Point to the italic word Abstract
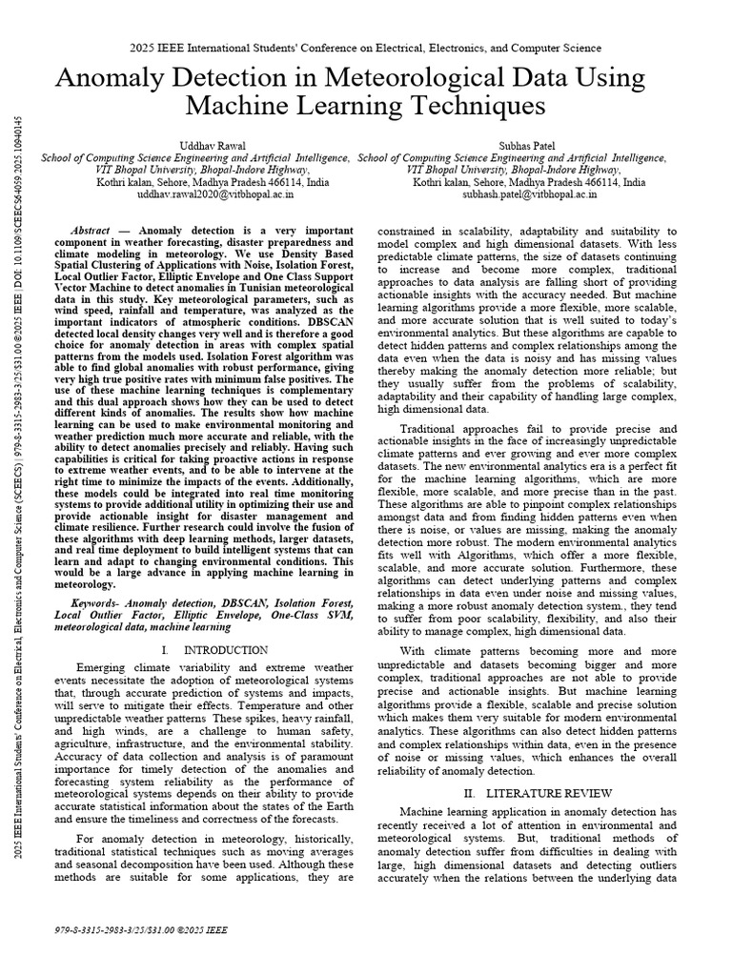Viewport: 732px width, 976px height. pyautogui.click(x=92, y=232)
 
